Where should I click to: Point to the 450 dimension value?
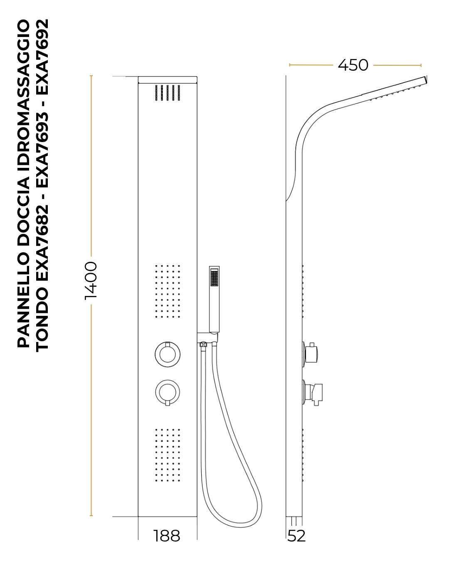(353, 65)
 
